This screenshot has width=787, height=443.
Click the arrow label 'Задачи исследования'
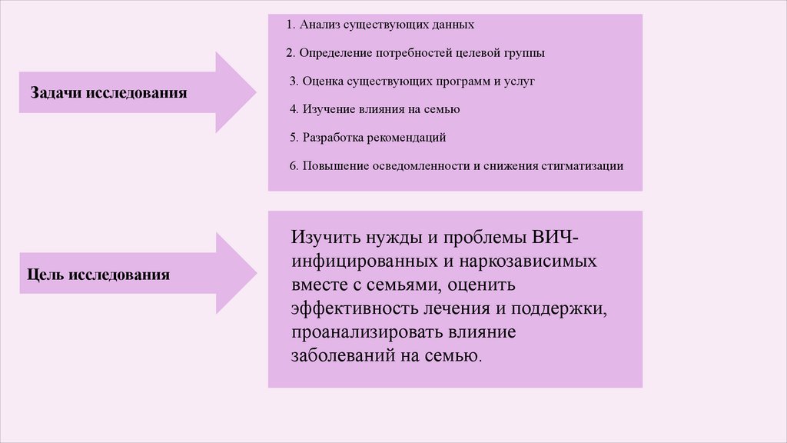109,93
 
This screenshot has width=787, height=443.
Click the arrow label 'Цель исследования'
98,274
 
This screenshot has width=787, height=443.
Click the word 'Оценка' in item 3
322,81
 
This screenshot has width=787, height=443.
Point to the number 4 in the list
293,109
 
